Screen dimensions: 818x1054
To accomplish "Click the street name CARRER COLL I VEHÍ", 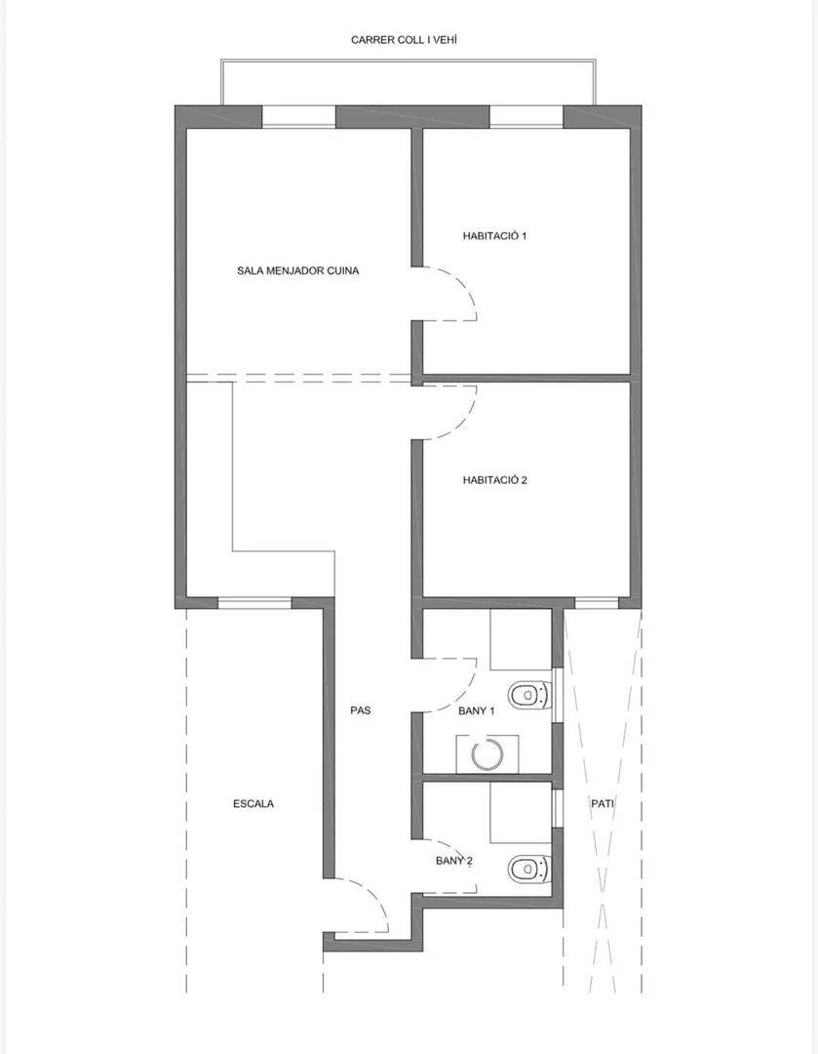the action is tap(404, 40).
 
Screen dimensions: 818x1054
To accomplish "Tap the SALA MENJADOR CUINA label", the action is tap(297, 271).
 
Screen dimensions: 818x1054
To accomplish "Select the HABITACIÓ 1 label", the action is tap(494, 236).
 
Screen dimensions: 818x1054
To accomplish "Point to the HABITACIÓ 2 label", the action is tap(495, 480).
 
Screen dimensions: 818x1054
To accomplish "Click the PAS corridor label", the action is tap(360, 709).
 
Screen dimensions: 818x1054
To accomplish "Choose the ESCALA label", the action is tap(253, 803).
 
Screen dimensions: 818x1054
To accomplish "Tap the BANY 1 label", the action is tap(476, 710).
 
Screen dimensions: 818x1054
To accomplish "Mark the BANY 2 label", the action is tap(454, 861).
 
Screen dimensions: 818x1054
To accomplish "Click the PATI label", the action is tap(602, 803).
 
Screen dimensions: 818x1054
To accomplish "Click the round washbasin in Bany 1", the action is tap(487, 754).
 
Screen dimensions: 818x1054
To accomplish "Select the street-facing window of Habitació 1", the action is tap(526, 116).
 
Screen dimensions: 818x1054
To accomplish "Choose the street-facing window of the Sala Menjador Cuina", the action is tap(298, 116).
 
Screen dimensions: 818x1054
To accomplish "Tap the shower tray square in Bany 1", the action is tap(521, 639).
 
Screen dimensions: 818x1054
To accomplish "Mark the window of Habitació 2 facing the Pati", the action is tap(597, 603).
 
